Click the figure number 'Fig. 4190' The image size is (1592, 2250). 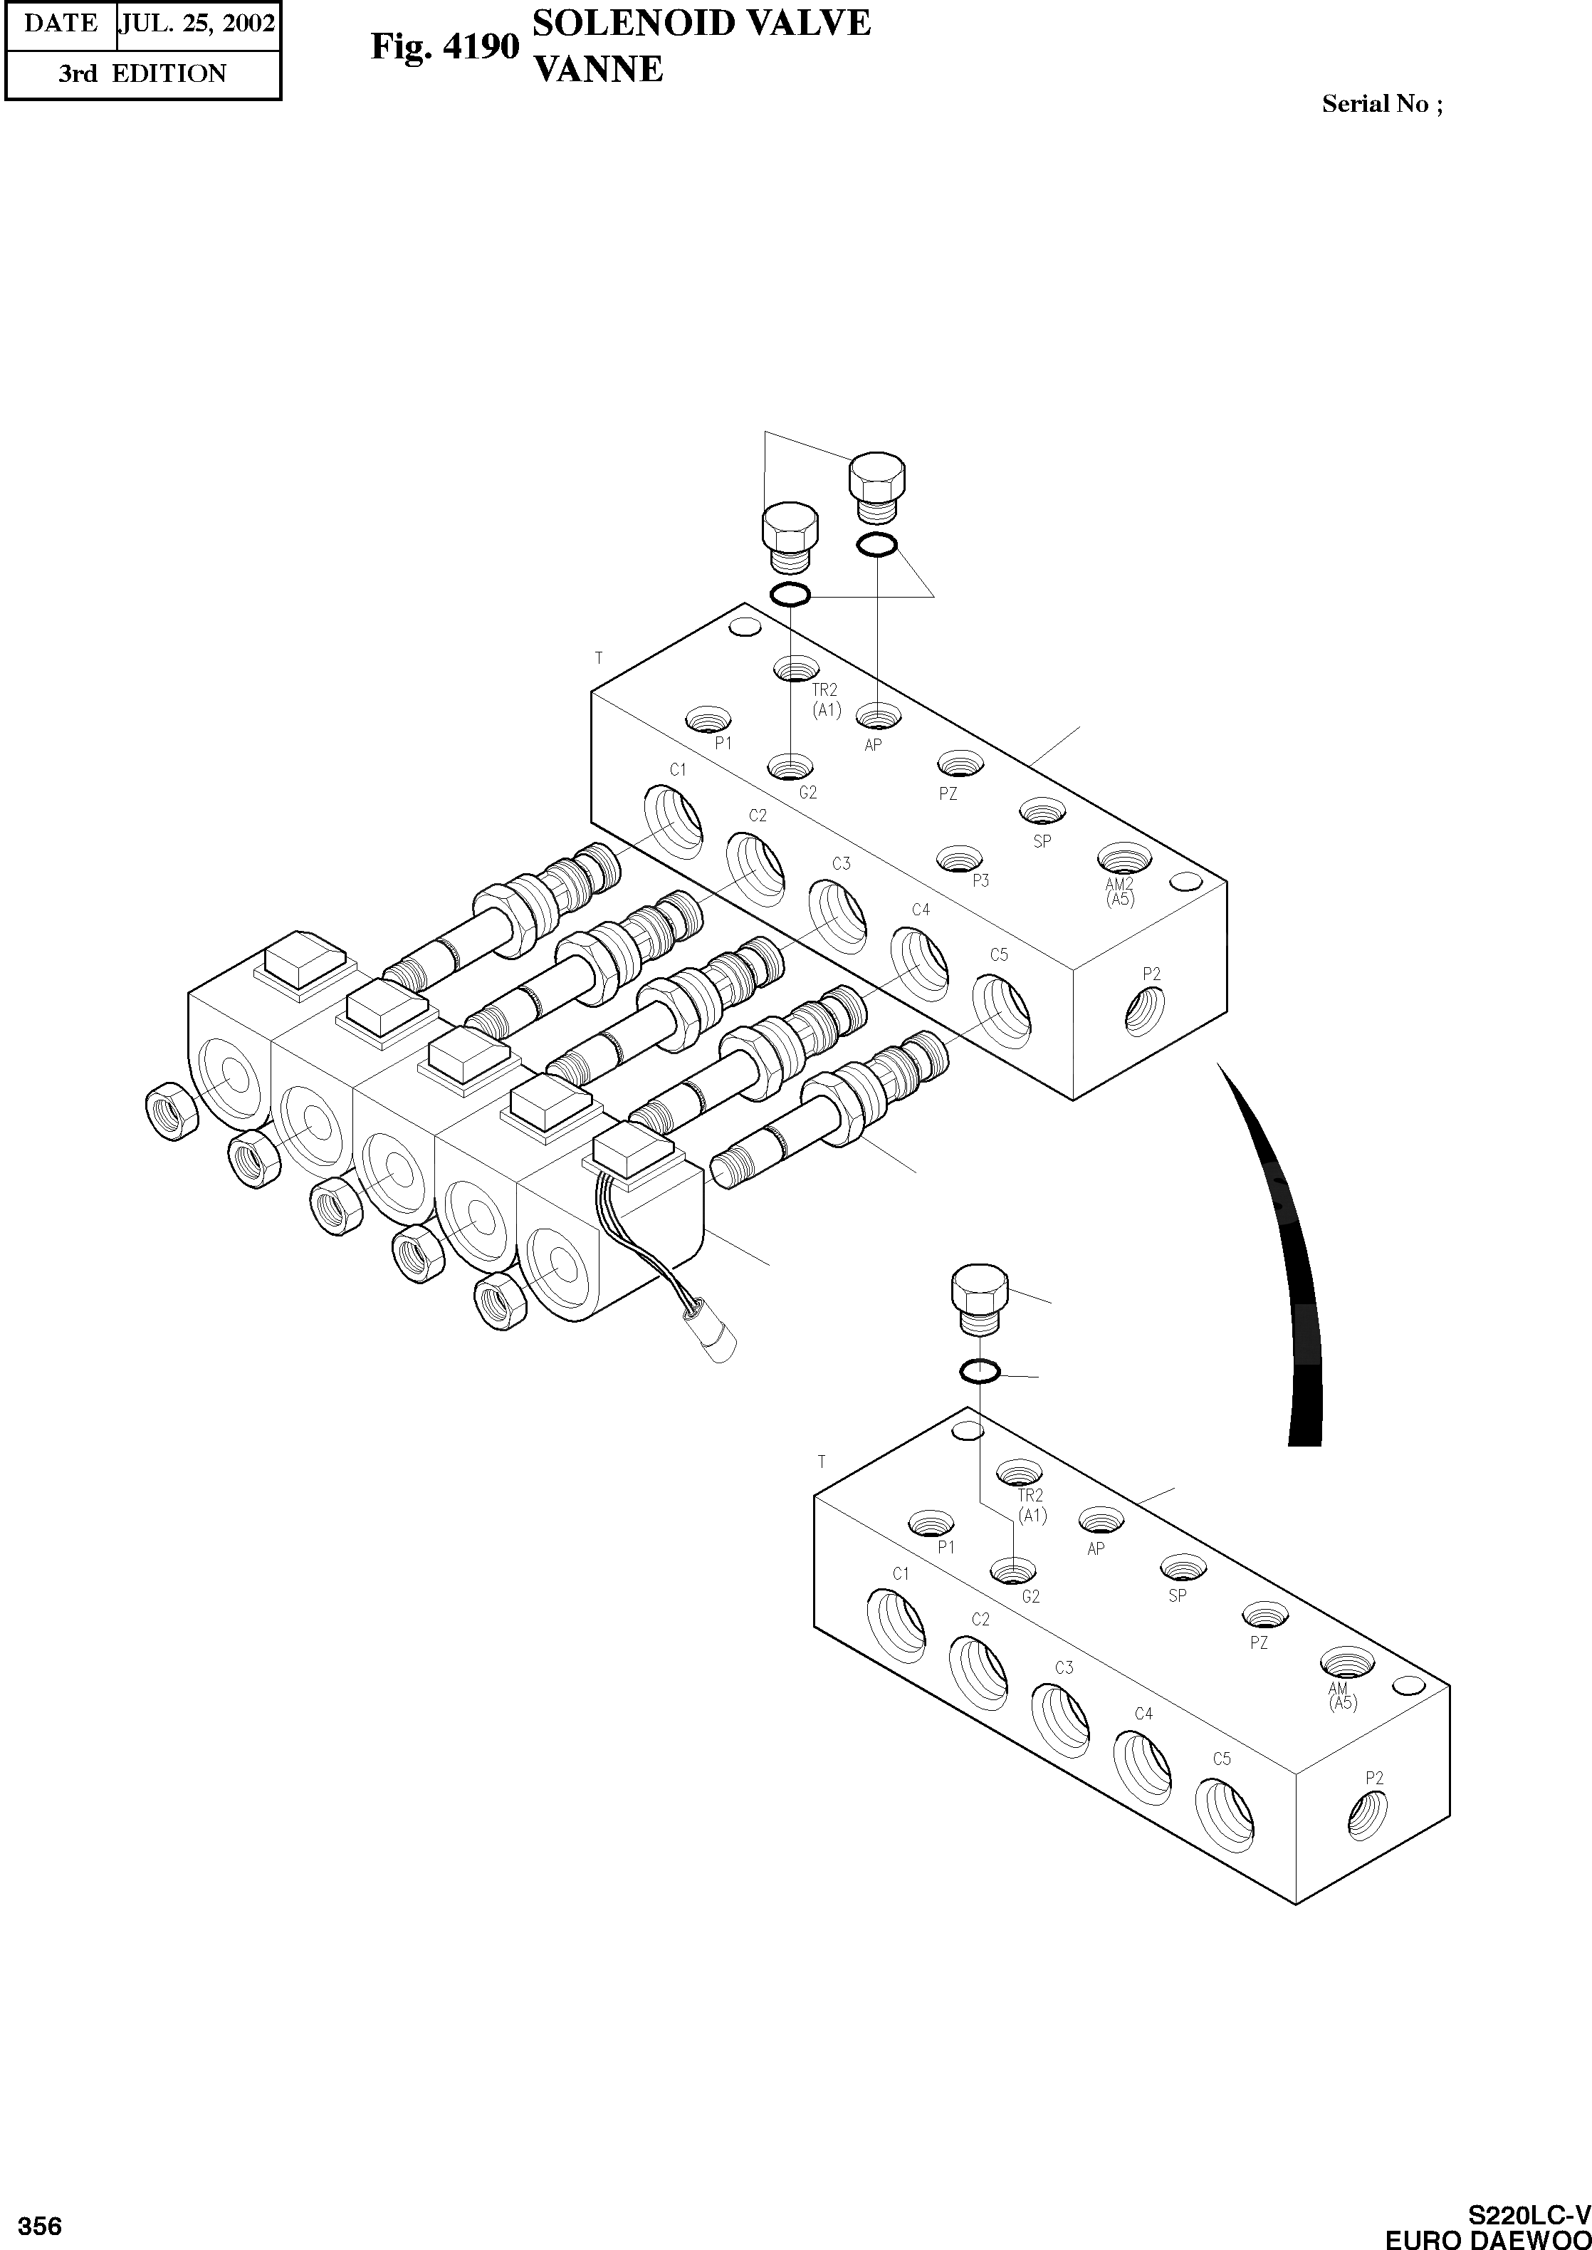444,47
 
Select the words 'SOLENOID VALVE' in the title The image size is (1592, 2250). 701,23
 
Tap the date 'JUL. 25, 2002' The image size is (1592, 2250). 197,24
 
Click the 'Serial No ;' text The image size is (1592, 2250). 1381,104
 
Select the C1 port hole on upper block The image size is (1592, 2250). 673,816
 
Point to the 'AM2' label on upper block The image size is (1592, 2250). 1119,885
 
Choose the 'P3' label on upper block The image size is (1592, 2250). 980,880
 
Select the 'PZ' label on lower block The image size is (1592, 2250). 1259,1642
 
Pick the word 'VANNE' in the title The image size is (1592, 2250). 597,70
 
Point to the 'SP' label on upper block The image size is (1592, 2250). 1042,841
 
